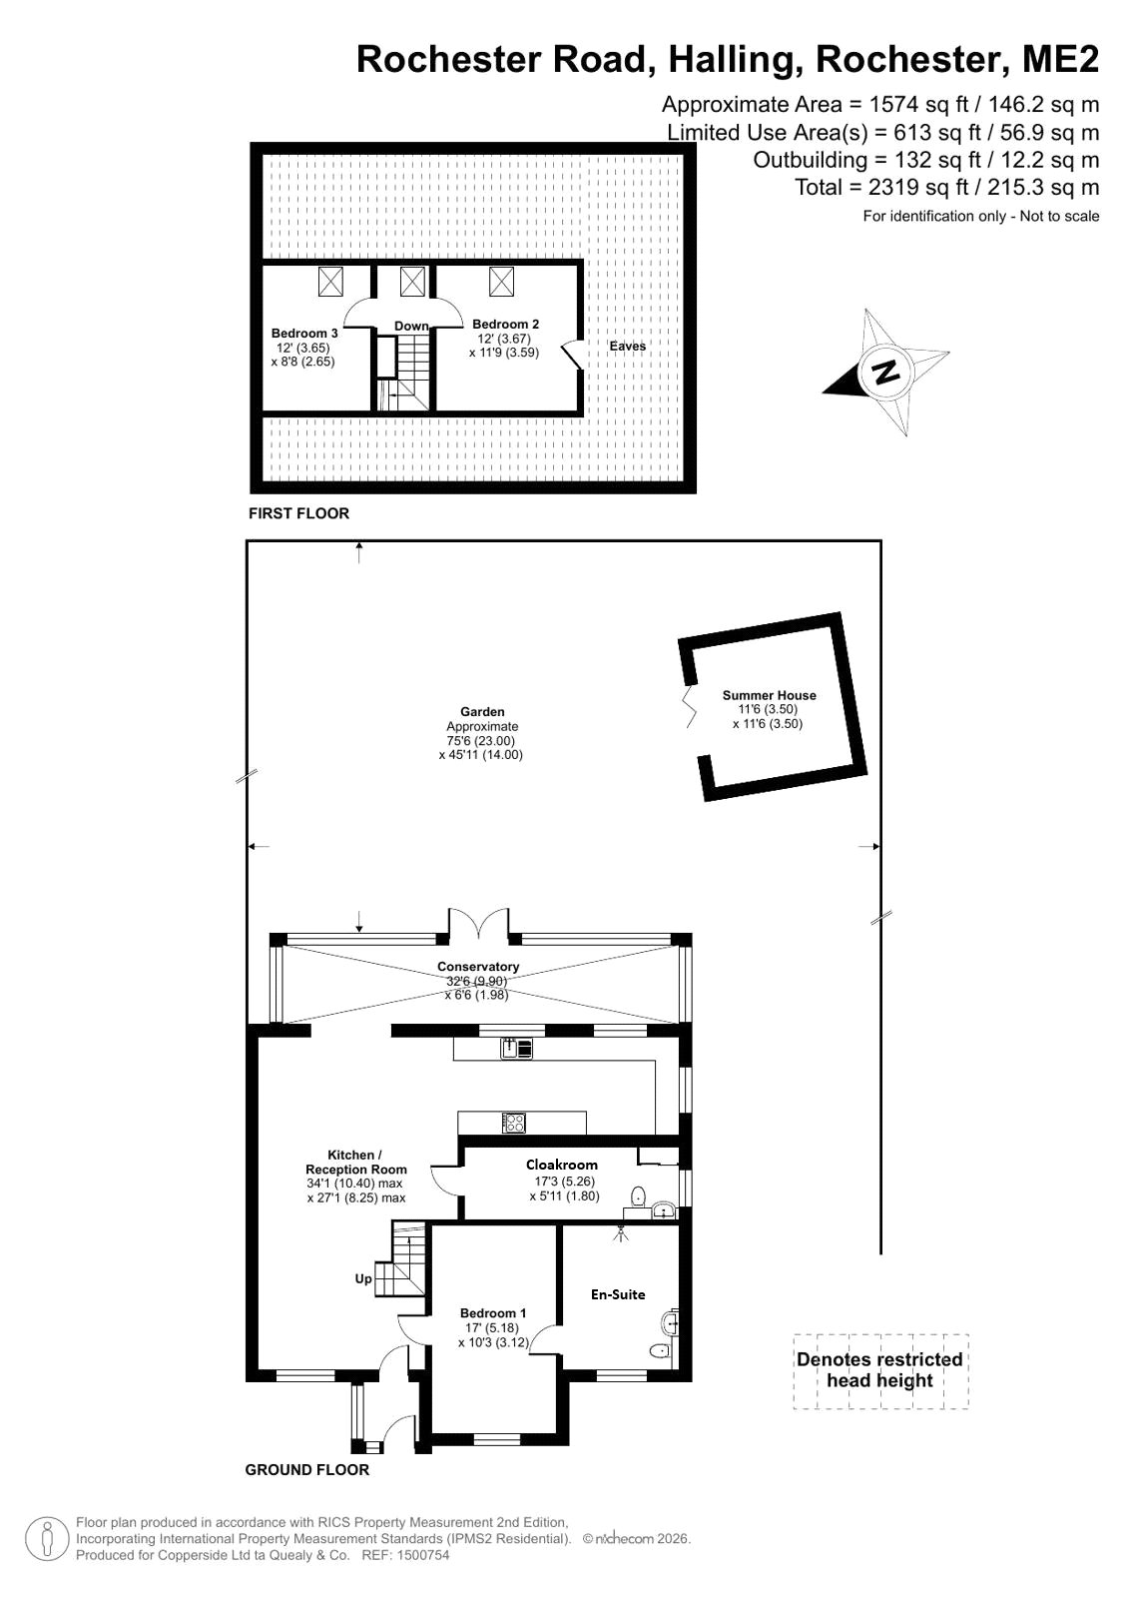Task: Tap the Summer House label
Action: pyautogui.click(x=769, y=695)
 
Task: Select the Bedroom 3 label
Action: pyautogui.click(x=304, y=333)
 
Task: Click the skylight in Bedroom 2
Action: pyautogui.click(x=501, y=282)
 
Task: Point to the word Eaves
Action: pyautogui.click(x=627, y=346)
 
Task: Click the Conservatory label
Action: pyautogui.click(x=478, y=966)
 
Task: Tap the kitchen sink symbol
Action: pyautogui.click(x=517, y=1048)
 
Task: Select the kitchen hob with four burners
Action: pyautogui.click(x=514, y=1123)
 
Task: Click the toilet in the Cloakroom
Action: pyautogui.click(x=639, y=1196)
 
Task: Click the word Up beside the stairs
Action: pyautogui.click(x=363, y=1278)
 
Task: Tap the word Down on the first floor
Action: pyautogui.click(x=412, y=326)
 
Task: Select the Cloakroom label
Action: pyautogui.click(x=562, y=1165)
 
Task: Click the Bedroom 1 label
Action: pyautogui.click(x=493, y=1312)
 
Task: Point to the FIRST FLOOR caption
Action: pyautogui.click(x=298, y=513)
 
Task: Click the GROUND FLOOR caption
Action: pyautogui.click(x=307, y=1469)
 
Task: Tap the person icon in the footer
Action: pyautogui.click(x=47, y=1538)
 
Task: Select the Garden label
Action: pyautogui.click(x=482, y=711)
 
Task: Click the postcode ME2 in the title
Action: pyautogui.click(x=1060, y=59)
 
